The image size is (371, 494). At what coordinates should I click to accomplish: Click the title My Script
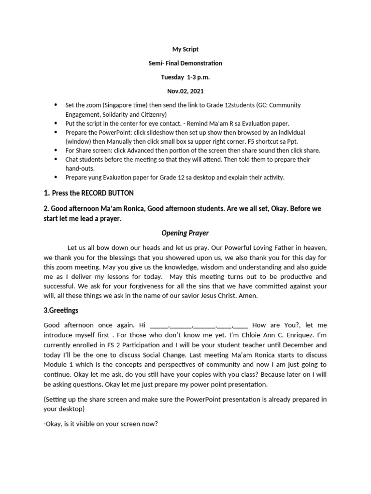coord(185,49)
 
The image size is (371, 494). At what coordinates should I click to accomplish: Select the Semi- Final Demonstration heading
coord(185,63)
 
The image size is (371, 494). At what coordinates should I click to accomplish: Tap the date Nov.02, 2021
coord(185,91)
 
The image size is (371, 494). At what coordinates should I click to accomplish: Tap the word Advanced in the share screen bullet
coord(137,151)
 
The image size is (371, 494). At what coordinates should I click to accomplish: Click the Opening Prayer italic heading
coord(185,233)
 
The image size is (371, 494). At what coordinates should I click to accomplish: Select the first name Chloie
coord(253,335)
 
